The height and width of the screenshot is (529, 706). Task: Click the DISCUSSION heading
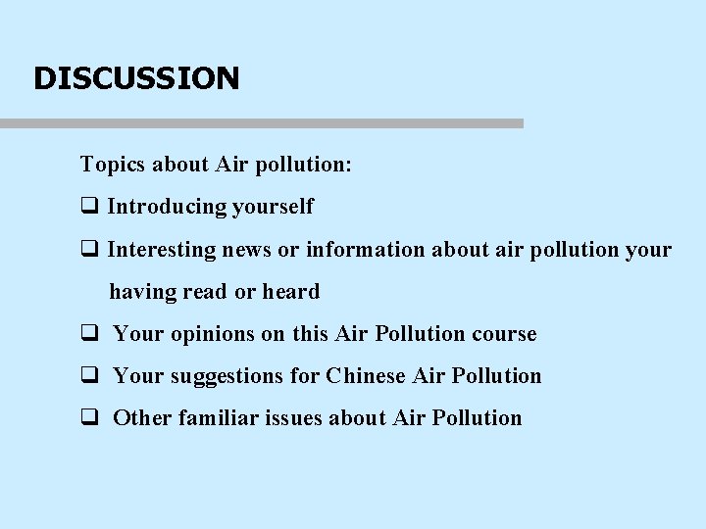tap(136, 78)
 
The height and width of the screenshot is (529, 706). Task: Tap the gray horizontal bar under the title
tap(262, 123)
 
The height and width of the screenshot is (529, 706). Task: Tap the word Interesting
tap(162, 250)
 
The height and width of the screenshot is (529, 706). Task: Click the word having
tap(141, 292)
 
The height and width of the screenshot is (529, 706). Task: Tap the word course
tap(504, 334)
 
